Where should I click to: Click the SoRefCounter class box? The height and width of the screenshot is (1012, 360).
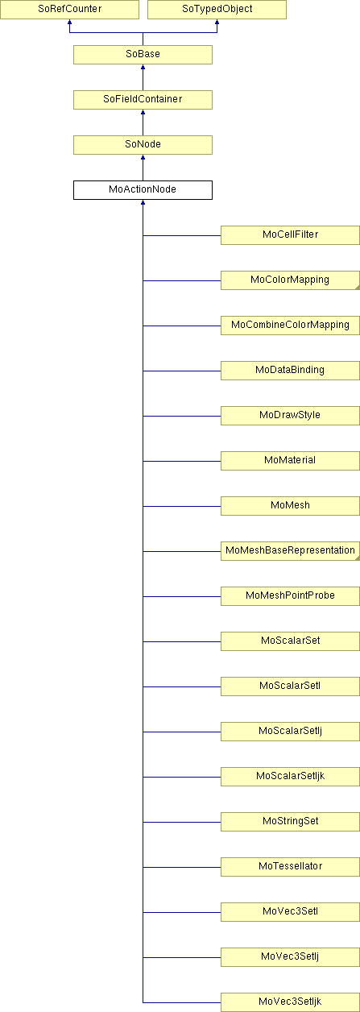69,9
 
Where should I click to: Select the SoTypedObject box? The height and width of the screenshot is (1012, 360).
217,9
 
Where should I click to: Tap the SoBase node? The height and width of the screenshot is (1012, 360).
143,55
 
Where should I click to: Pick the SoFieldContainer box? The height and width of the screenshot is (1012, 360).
143,100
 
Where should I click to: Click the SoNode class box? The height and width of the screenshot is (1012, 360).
143,145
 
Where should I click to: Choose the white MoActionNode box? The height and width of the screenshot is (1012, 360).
143,190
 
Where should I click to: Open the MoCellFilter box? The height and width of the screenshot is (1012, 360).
290,235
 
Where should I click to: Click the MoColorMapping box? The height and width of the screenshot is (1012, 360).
290,280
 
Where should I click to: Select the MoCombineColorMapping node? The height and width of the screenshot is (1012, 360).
290,326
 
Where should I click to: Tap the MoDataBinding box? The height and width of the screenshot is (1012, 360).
290,371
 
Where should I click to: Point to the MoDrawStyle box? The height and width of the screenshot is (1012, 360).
290,416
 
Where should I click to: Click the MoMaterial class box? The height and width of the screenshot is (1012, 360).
290,461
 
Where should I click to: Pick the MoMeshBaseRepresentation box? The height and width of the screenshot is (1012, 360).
290,551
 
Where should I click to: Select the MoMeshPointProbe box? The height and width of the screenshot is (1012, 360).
290,596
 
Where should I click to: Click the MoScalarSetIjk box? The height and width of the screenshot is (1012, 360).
290,777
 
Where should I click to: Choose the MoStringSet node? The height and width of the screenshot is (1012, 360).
290,822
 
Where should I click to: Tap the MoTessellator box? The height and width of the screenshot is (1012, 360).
290,868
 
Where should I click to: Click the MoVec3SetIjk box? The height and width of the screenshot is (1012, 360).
290,1002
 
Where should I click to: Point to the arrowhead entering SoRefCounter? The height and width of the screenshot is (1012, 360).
69,22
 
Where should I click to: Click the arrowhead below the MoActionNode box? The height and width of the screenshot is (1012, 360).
143,202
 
